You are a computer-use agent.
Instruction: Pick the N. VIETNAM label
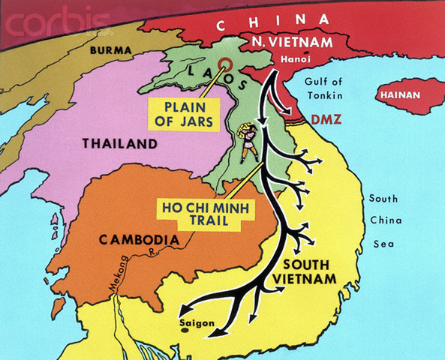(298, 43)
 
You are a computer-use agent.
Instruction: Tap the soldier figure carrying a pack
(248, 142)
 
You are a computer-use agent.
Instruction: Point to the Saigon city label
(198, 323)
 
